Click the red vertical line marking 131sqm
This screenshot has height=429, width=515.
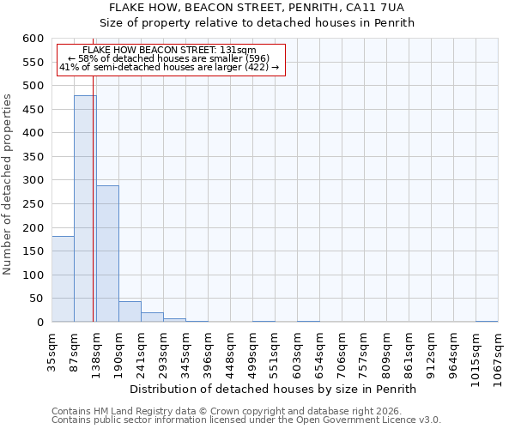click(93, 214)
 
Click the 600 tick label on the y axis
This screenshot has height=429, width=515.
click(32, 39)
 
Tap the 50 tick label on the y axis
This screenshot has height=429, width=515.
click(35, 299)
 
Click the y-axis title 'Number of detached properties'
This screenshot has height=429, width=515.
click(8, 185)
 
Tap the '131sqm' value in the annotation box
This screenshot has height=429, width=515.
click(238, 51)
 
